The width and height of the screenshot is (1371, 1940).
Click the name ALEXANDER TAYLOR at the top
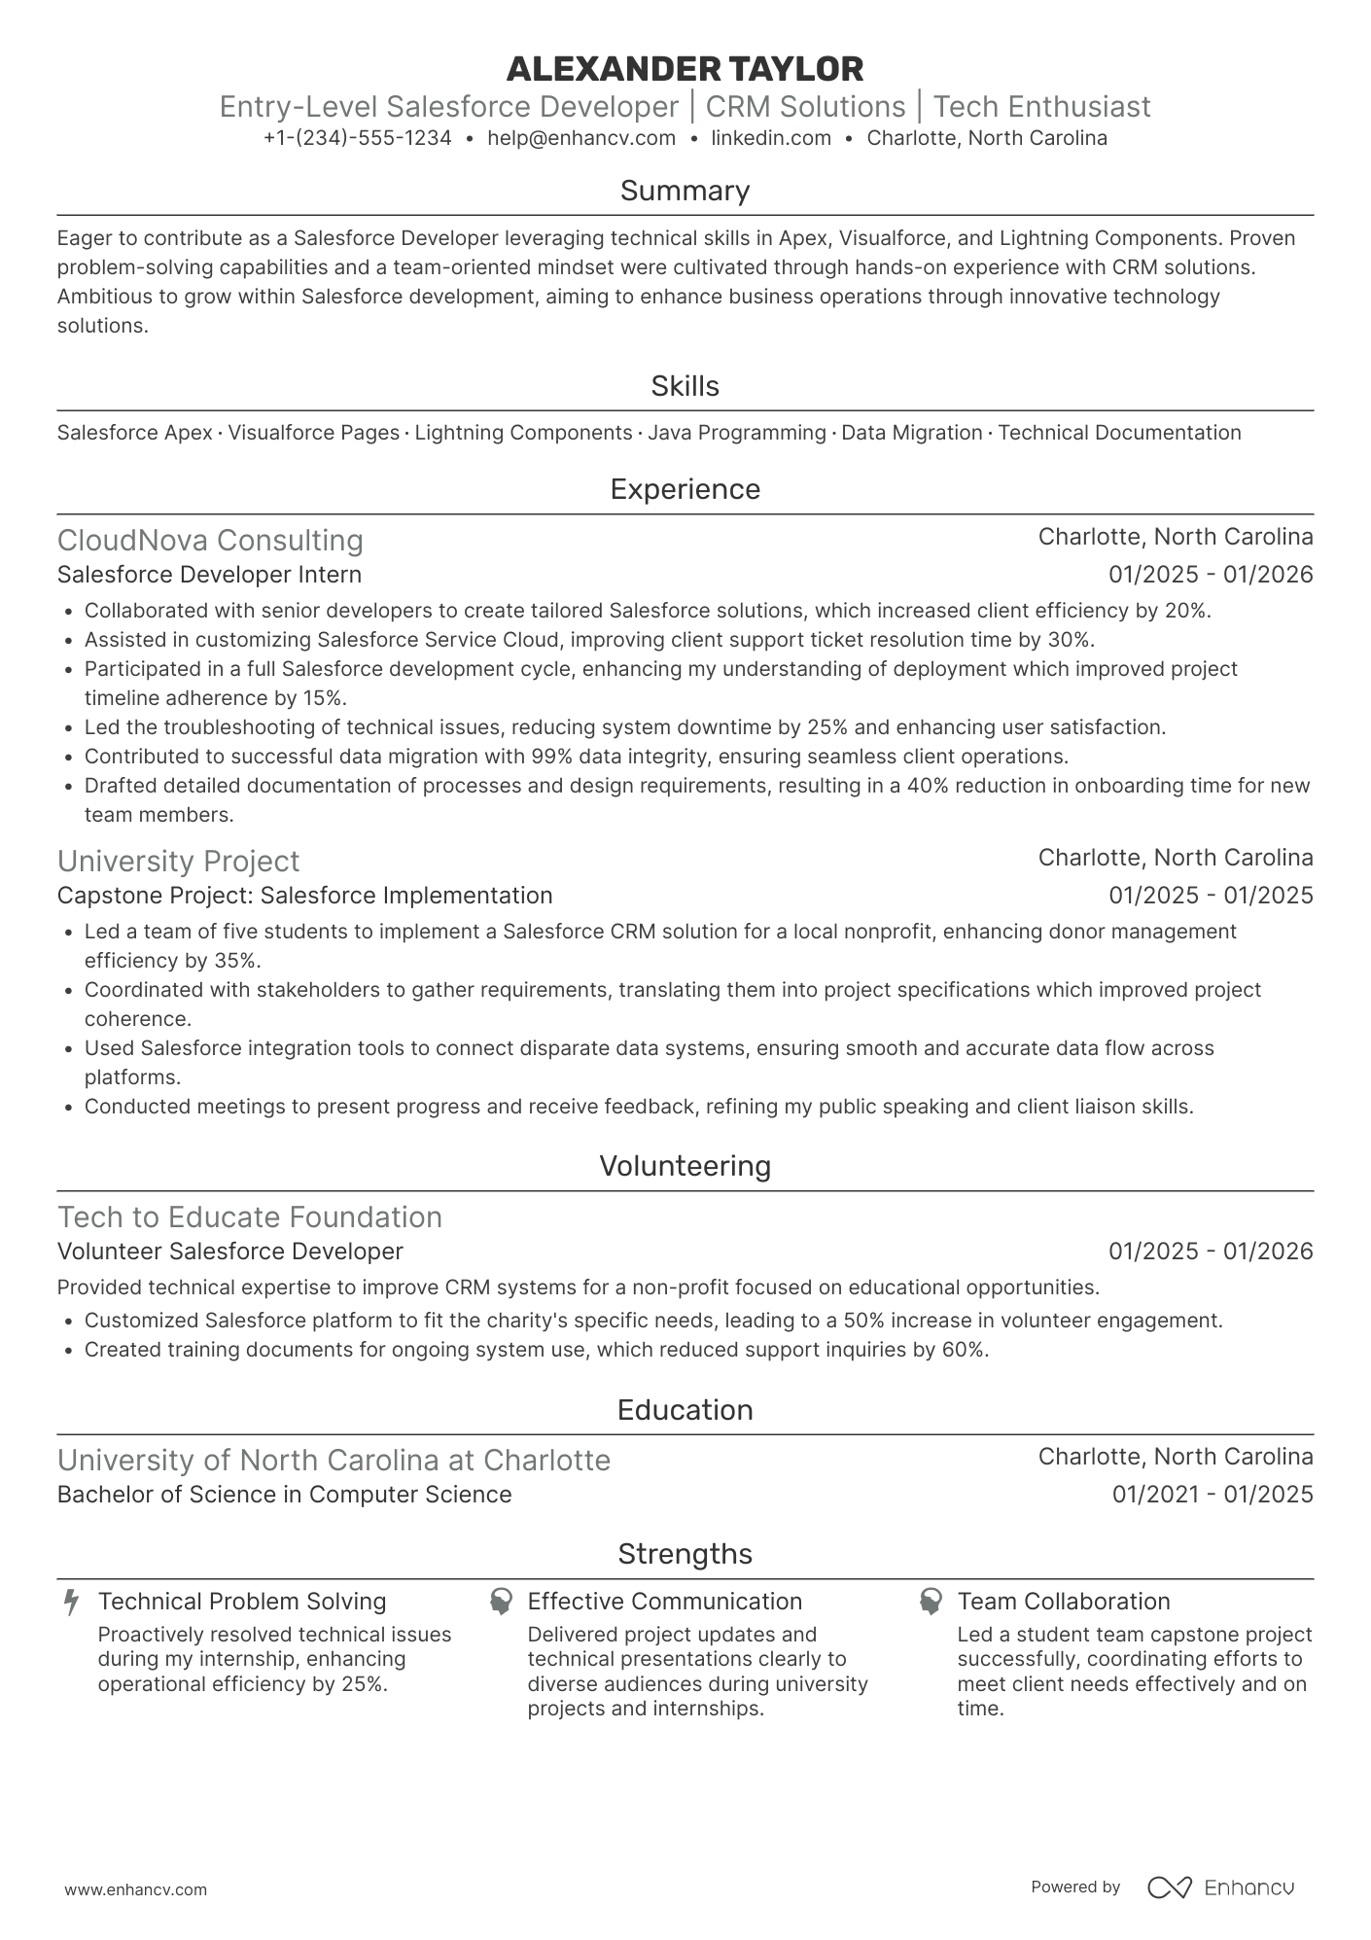(685, 69)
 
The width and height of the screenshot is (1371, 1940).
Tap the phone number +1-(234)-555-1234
(357, 138)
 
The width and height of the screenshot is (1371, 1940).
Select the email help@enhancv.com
(581, 138)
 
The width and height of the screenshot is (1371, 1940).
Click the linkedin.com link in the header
(771, 138)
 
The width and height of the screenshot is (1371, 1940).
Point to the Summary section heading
(685, 191)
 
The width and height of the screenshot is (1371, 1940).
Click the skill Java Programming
(736, 433)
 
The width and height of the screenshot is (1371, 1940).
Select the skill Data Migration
(911, 433)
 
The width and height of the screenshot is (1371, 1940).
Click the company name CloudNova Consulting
(210, 541)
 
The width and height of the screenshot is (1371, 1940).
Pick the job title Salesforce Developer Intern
(209, 575)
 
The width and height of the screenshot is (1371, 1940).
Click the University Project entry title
(178, 862)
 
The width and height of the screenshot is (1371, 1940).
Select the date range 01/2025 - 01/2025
(1211, 896)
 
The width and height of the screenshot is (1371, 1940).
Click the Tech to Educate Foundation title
(250, 1217)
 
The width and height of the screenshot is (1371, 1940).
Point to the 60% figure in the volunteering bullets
(964, 1350)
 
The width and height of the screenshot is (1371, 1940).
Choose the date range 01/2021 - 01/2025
(1213, 1495)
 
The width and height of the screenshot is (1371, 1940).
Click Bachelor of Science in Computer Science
(284, 1495)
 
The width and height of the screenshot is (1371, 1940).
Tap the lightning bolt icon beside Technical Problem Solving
(71, 1602)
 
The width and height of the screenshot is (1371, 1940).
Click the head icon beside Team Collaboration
(931, 1602)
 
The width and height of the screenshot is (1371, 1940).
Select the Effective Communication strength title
(665, 1602)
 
